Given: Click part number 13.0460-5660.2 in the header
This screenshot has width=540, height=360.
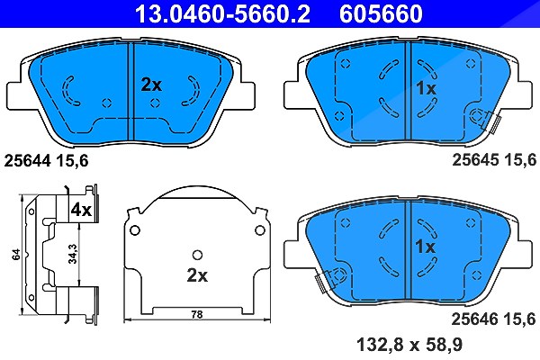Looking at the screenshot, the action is point(222,13).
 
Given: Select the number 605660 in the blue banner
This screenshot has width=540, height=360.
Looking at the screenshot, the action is point(381,13).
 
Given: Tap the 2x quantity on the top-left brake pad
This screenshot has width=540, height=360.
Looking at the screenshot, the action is point(151,85).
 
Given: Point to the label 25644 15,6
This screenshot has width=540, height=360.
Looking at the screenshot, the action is point(46,160).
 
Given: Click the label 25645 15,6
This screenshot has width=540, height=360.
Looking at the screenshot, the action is point(494,160).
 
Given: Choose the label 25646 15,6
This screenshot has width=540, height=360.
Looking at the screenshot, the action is point(493,319).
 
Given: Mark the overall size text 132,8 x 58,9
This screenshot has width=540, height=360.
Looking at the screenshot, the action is point(409,345).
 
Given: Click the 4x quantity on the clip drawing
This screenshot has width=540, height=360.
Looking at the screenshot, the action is point(81,210).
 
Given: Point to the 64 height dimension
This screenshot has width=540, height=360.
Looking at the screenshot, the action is point(16,255).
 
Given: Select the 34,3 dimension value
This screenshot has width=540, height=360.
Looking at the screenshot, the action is point(73,254).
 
